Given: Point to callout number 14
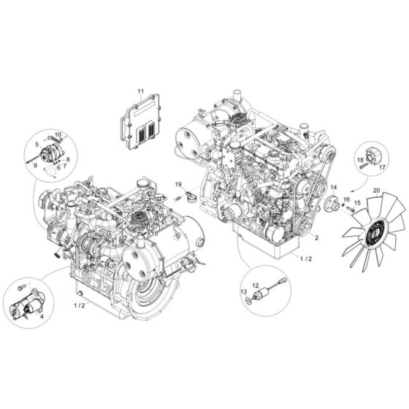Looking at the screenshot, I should pyautogui.click(x=332, y=188).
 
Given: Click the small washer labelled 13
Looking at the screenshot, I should pyautogui.click(x=252, y=299).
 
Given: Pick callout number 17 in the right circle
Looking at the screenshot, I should pyautogui.click(x=382, y=167).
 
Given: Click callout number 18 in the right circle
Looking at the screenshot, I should pyautogui.click(x=360, y=159).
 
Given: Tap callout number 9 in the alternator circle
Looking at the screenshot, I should pyautogui.click(x=34, y=167).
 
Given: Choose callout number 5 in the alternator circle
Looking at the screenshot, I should pyautogui.click(x=35, y=144).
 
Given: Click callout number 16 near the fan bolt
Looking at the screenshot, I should pyautogui.click(x=346, y=199).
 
